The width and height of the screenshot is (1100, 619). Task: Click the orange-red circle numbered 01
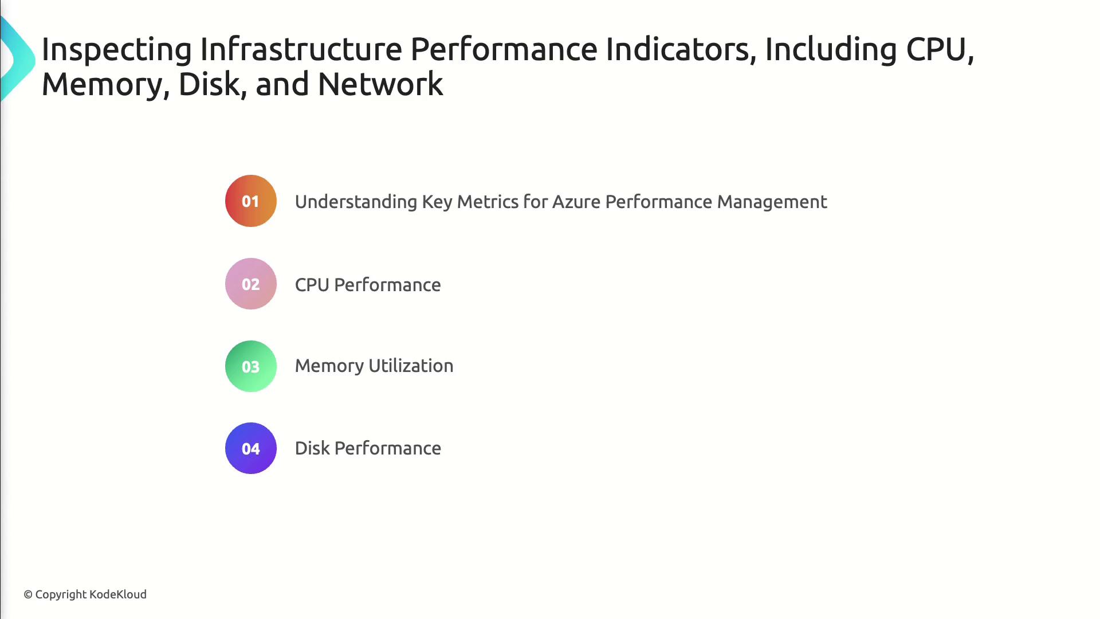[x=251, y=201]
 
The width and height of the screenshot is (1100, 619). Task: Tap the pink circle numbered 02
[x=251, y=284]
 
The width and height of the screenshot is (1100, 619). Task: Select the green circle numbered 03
[x=251, y=366]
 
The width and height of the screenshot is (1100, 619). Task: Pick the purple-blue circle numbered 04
[x=251, y=448]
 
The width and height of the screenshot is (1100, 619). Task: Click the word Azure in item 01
[x=576, y=202]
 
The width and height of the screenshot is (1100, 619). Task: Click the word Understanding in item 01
[x=356, y=202]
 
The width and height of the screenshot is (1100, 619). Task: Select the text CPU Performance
[x=368, y=285]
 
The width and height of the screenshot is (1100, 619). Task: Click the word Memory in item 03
[x=329, y=366]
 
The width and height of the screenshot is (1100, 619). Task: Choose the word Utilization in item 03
[x=411, y=366]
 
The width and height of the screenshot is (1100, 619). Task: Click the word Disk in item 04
[x=312, y=448]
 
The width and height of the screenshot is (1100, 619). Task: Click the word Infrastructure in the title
[x=301, y=49]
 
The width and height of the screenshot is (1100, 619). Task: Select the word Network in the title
[x=380, y=84]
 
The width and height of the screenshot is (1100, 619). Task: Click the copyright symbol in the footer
[x=28, y=595]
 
